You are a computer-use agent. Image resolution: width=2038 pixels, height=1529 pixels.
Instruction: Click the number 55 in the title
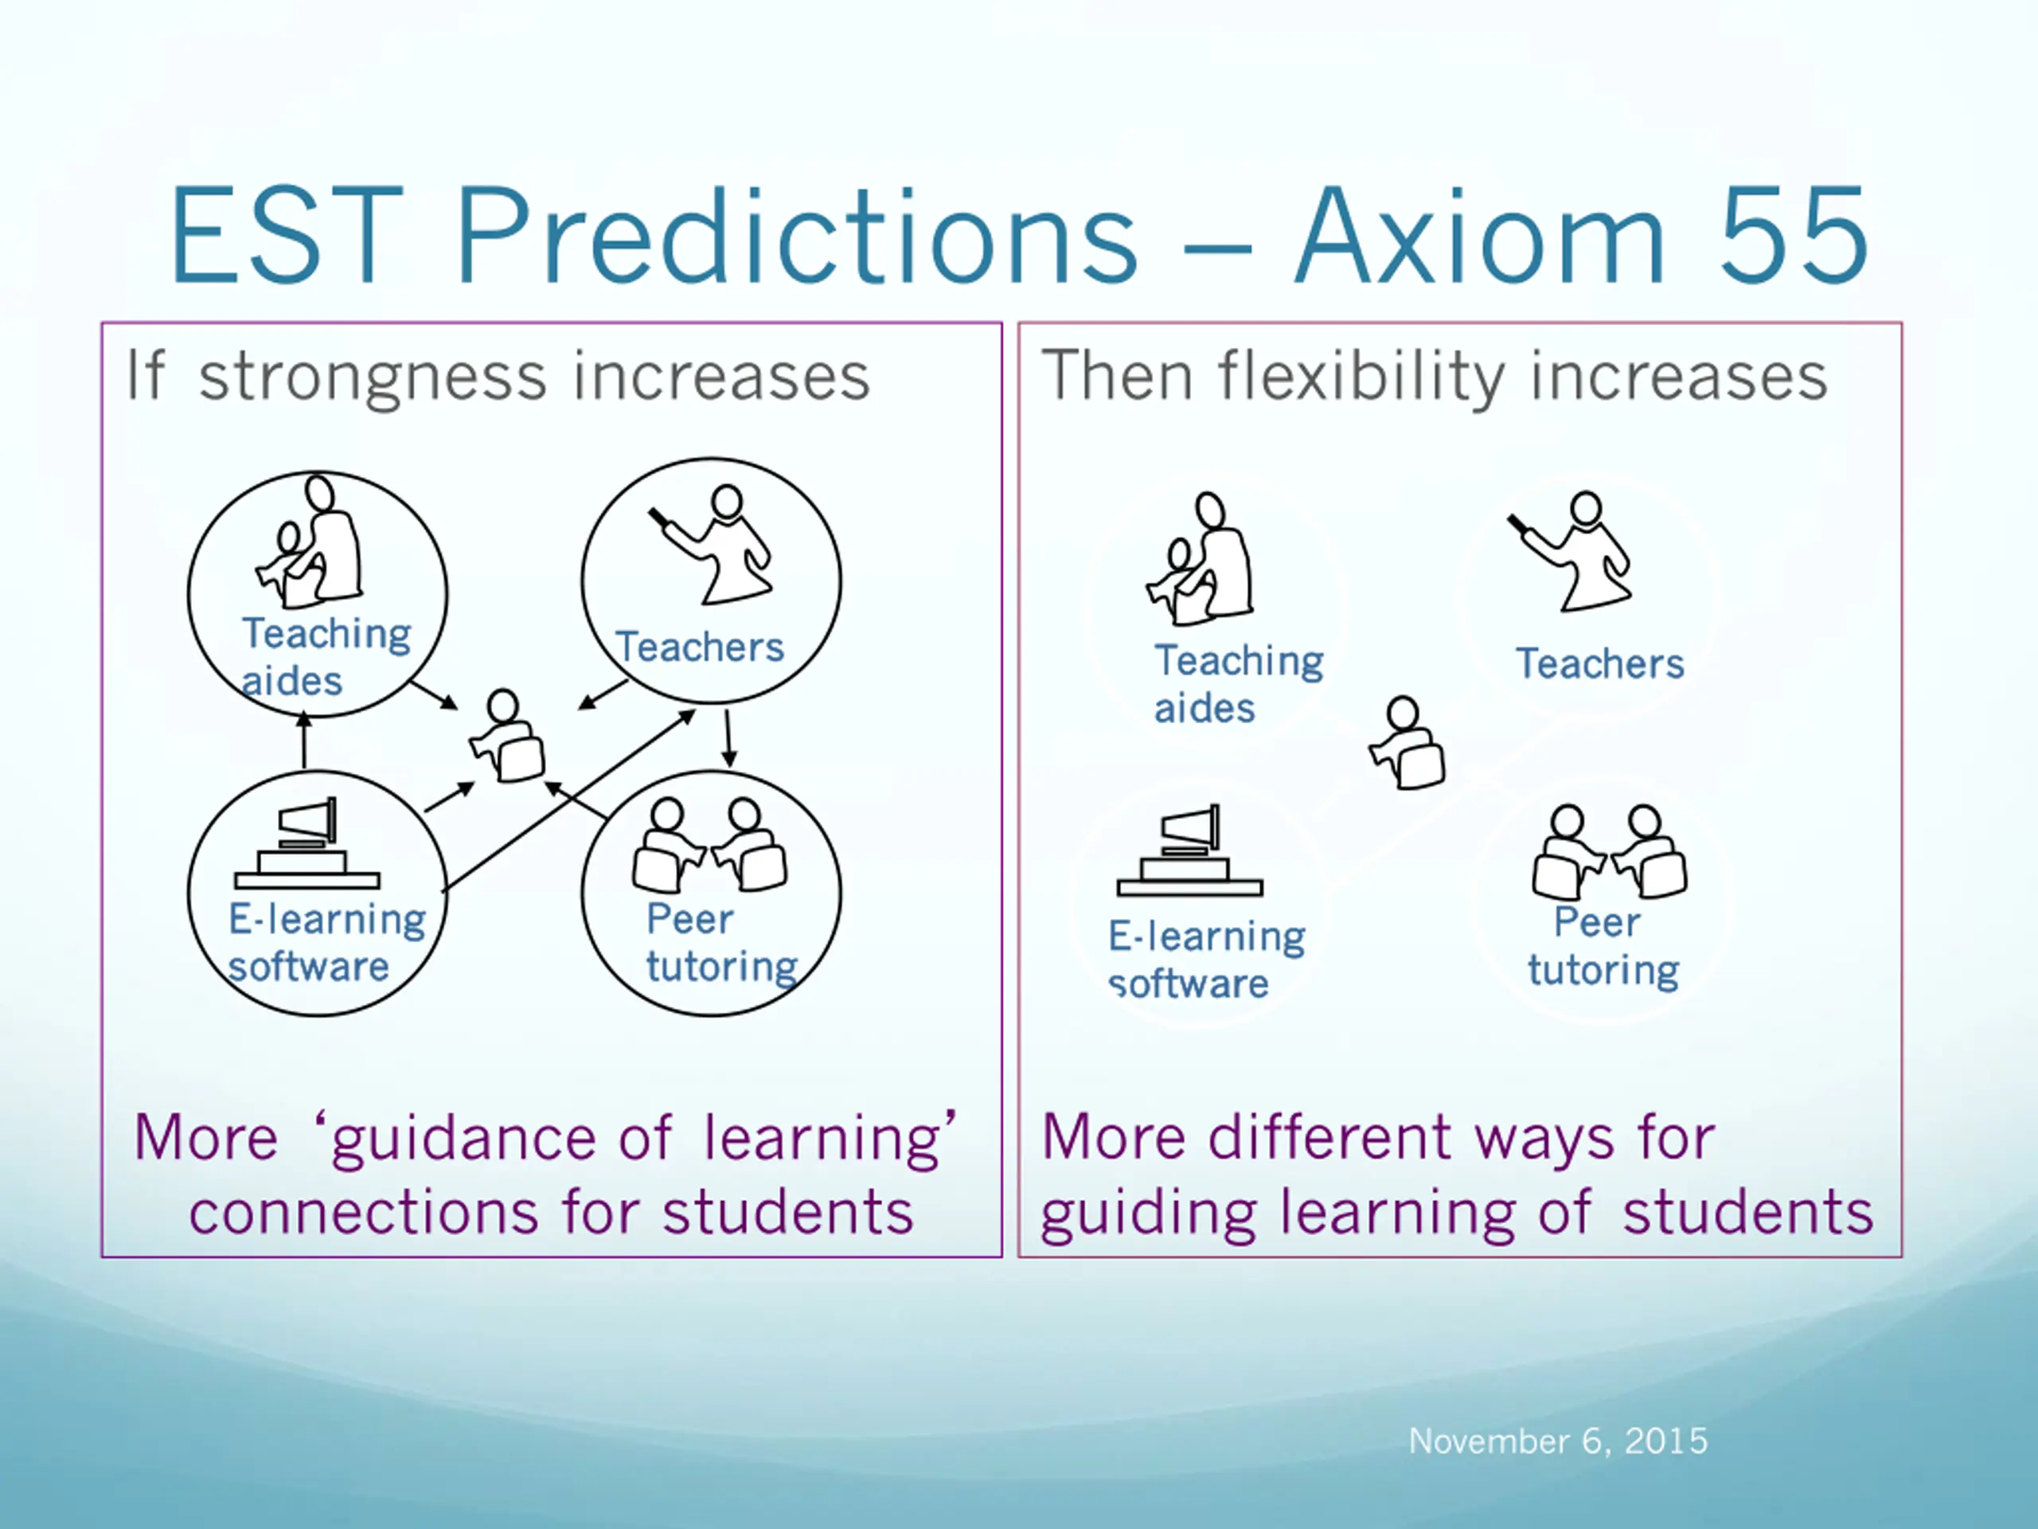tap(1794, 236)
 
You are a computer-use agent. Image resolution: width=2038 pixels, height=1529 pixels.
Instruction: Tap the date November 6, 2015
tap(1558, 1441)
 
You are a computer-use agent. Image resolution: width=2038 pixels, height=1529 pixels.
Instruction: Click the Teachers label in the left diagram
tap(699, 647)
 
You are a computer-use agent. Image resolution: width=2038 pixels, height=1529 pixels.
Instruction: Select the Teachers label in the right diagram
tap(1600, 663)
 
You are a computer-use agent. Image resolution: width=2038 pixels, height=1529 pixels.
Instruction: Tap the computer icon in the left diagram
tap(306, 843)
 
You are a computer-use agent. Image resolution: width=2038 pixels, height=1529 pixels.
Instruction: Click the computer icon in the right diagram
tap(1189, 850)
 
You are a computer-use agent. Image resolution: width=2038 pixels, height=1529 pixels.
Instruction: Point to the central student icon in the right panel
tap(1407, 743)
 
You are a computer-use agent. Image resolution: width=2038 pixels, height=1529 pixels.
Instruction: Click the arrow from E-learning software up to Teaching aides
tap(305, 741)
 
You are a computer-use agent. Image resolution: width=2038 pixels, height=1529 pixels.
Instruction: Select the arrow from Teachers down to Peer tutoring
tap(728, 737)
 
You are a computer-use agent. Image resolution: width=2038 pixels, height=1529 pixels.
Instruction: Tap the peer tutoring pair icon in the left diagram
tap(709, 845)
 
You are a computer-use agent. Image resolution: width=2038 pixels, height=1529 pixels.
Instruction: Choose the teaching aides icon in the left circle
tap(309, 542)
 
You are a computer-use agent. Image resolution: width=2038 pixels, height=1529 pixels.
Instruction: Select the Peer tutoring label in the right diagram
tap(1604, 947)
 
